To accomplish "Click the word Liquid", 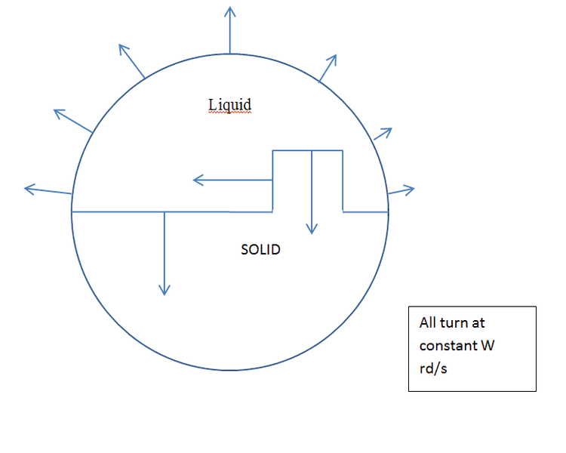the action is pyautogui.click(x=229, y=105).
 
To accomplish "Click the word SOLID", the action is pyautogui.click(x=260, y=250).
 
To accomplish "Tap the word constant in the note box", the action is pyautogui.click(x=448, y=346).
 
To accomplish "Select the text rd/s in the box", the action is pyautogui.click(x=433, y=368).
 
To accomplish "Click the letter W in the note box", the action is pyautogui.click(x=488, y=345).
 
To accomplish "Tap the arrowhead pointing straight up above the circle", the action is pyautogui.click(x=230, y=11).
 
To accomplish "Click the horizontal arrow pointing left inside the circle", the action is pyautogui.click(x=232, y=180).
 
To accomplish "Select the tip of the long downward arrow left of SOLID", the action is pyautogui.click(x=165, y=295).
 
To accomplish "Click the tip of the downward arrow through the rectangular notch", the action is pyautogui.click(x=312, y=234).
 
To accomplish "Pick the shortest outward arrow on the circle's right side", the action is pyautogui.click(x=383, y=134).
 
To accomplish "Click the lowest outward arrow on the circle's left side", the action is pyautogui.click(x=48, y=190).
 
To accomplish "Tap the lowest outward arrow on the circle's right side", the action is pyautogui.click(x=401, y=190).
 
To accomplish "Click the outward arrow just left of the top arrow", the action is pyautogui.click(x=132, y=61).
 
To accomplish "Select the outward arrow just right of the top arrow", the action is pyautogui.click(x=328, y=69).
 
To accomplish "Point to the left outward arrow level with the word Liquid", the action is pyautogui.click(x=73, y=121).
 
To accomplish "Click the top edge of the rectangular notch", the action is pyautogui.click(x=308, y=150).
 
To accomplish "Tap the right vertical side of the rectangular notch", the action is pyautogui.click(x=343, y=181).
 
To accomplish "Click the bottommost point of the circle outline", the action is pyautogui.click(x=230, y=370).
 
